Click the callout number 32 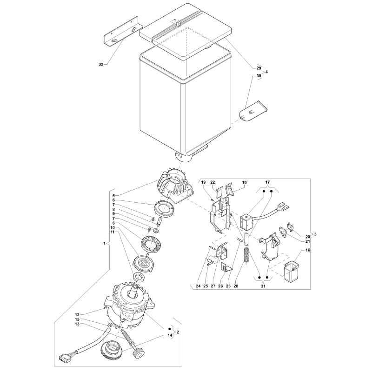pyautogui.click(x=101, y=64)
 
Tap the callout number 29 pyautogui.click(x=259, y=68)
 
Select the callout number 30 pyautogui.click(x=259, y=76)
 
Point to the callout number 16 pyautogui.click(x=308, y=250)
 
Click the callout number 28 pyautogui.click(x=236, y=286)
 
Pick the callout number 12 pyautogui.click(x=77, y=315)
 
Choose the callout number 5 pyautogui.click(x=113, y=196)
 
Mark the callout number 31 pyautogui.click(x=263, y=286)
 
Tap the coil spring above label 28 pyautogui.click(x=247, y=255)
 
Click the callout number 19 pyautogui.click(x=203, y=182)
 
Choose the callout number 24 pyautogui.click(x=198, y=286)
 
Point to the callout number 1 pyautogui.click(x=104, y=243)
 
